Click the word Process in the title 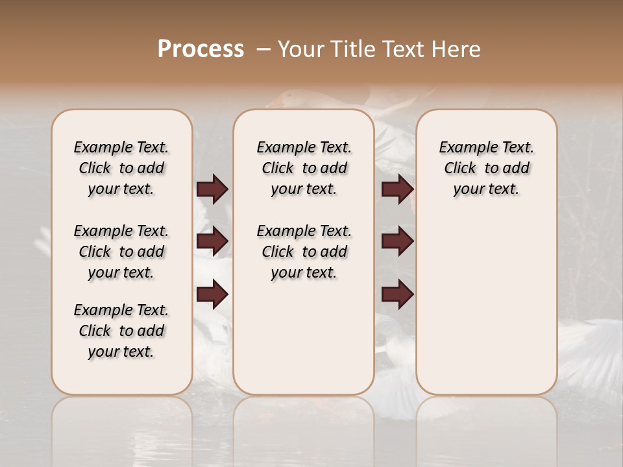pyautogui.click(x=201, y=49)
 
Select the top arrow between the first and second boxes pyautogui.click(x=212, y=189)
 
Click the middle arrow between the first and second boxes pyautogui.click(x=212, y=242)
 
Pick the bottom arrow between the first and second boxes pyautogui.click(x=212, y=294)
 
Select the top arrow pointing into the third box pyautogui.click(x=397, y=189)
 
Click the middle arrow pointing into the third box pyautogui.click(x=397, y=242)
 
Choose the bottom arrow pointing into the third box pyautogui.click(x=397, y=294)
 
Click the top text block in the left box pyautogui.click(x=121, y=168)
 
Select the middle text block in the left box pyautogui.click(x=121, y=252)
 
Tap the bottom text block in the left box pyautogui.click(x=121, y=331)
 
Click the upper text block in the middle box pyautogui.click(x=304, y=168)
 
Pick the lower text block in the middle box pyautogui.click(x=304, y=252)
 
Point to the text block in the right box pyautogui.click(x=486, y=168)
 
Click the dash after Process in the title pyautogui.click(x=263, y=49)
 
